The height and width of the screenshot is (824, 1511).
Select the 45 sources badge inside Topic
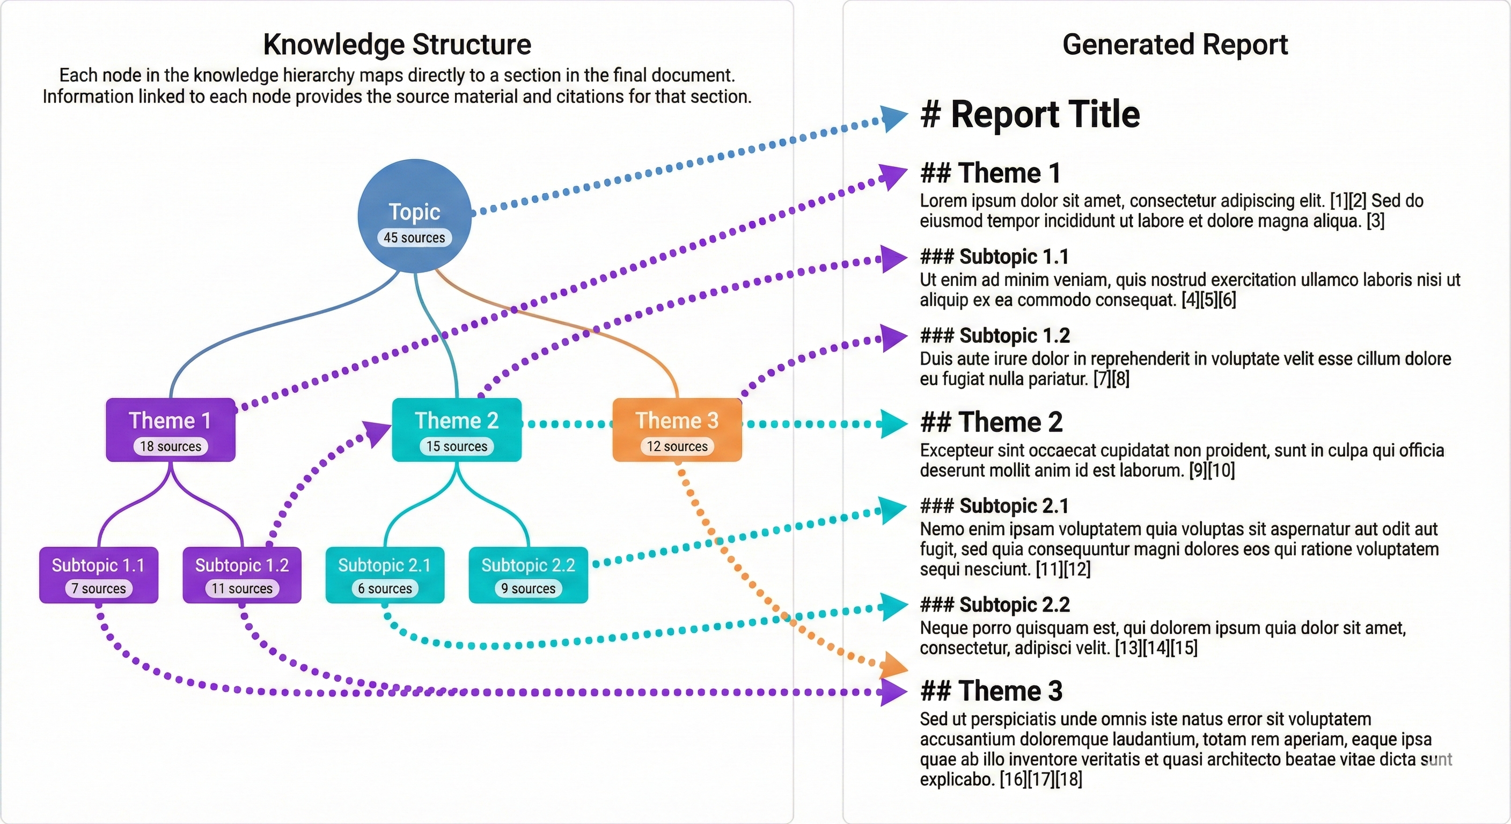pyautogui.click(x=414, y=238)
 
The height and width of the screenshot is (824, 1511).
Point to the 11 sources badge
pyautogui.click(x=241, y=588)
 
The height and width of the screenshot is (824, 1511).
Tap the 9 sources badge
pyautogui.click(x=528, y=588)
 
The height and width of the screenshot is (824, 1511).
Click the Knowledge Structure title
pyautogui.click(x=397, y=45)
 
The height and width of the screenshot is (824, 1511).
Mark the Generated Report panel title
pyautogui.click(x=1175, y=45)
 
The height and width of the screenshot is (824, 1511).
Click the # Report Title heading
pyautogui.click(x=1030, y=114)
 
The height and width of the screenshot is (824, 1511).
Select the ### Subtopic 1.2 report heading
pyautogui.click(x=995, y=335)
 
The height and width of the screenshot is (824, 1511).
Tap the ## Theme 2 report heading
pyautogui.click(x=991, y=422)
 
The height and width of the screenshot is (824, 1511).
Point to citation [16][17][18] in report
pyautogui.click(x=1040, y=779)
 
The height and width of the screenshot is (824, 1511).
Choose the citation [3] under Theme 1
pyautogui.click(x=1375, y=221)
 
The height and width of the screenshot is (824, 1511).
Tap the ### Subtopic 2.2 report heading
pyautogui.click(x=995, y=605)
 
